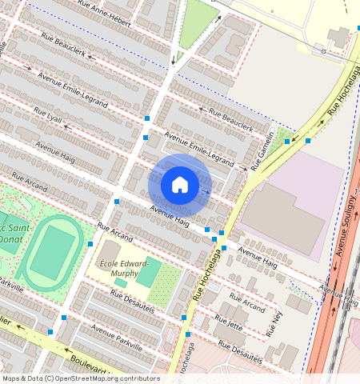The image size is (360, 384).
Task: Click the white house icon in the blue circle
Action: (180, 185)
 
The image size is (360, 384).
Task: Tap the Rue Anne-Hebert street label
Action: (105, 13)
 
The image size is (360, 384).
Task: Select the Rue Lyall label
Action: (48, 114)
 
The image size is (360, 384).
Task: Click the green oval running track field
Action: (51, 251)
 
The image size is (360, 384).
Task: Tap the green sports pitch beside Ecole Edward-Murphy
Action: (147, 274)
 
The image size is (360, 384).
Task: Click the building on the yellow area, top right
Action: (338, 37)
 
